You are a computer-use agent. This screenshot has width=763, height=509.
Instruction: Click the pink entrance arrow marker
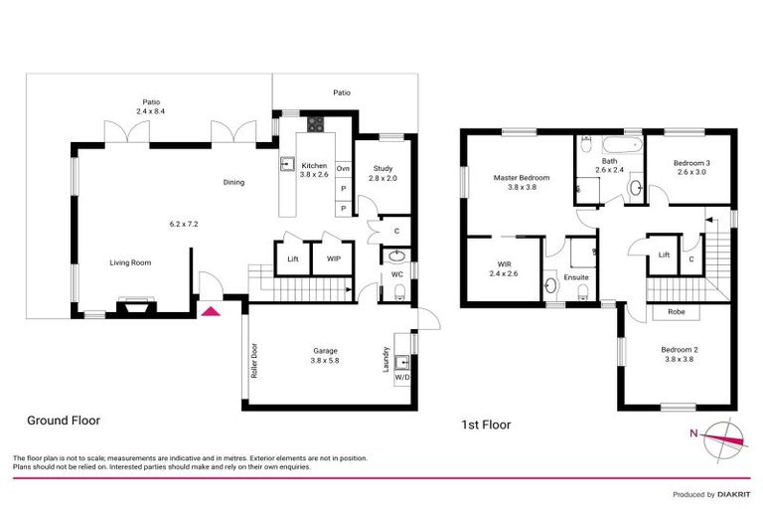[x=210, y=311]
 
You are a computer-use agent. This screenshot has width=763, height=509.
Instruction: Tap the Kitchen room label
[x=315, y=165]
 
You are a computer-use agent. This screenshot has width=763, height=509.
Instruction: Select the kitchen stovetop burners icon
[x=316, y=124]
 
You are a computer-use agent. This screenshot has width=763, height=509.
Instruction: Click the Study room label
[x=382, y=169]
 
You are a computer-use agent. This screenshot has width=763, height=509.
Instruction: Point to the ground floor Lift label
[x=292, y=258]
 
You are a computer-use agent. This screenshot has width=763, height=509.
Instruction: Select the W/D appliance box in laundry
[x=401, y=378]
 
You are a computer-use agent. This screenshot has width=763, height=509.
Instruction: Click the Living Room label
[x=130, y=262]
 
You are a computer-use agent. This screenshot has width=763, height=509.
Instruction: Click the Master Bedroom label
[x=522, y=179]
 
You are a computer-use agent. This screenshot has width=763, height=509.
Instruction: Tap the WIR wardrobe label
[x=502, y=264]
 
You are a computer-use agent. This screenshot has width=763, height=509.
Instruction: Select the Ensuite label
[x=576, y=278]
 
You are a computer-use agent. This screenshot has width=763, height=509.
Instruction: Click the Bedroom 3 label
[x=691, y=163]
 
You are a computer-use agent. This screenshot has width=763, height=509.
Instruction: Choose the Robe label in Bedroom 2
[x=676, y=311]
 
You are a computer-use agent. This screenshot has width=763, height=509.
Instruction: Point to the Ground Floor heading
[x=63, y=421]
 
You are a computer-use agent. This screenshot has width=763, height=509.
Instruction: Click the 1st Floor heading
[x=486, y=424]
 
